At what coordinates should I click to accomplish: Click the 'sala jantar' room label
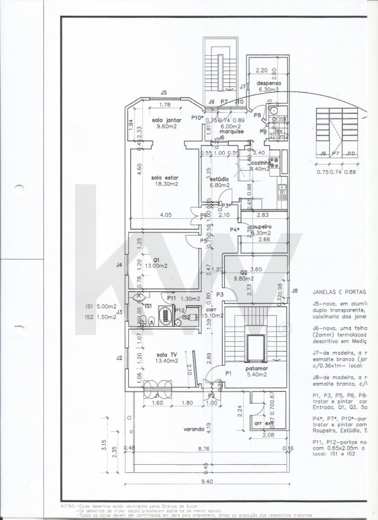(x=167, y=120)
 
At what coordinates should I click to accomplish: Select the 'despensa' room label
(x=268, y=83)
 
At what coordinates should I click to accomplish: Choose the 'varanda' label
(x=194, y=429)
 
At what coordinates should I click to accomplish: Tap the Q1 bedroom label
(x=156, y=260)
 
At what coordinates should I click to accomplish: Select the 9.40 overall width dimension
(x=207, y=482)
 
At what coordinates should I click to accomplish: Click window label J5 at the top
(x=164, y=92)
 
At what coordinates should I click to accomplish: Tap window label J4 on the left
(x=119, y=265)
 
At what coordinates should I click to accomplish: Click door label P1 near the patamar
(x=228, y=373)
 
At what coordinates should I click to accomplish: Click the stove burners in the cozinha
(x=275, y=162)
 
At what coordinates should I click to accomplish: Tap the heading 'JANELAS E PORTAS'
(x=339, y=291)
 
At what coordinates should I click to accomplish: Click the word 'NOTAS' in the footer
(x=67, y=507)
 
